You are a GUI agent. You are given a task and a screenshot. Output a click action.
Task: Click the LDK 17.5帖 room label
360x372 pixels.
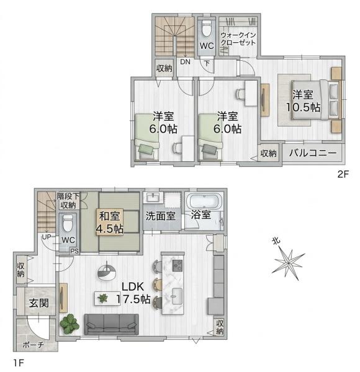[133, 293]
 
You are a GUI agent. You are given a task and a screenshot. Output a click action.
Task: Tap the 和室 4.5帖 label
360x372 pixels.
[109, 223]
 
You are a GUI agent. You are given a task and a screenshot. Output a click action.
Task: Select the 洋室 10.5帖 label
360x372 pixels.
[303, 101]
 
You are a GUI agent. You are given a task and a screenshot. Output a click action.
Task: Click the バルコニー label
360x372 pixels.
[313, 153]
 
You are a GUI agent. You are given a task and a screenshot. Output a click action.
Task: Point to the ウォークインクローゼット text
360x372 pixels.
[238, 39]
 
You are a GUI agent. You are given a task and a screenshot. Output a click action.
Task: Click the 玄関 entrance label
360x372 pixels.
[38, 303]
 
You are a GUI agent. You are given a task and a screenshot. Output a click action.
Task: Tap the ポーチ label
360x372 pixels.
[34, 345]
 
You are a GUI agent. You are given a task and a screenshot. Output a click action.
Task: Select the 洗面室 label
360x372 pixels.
[161, 216]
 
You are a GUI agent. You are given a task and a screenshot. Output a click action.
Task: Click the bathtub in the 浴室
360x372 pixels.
[204, 201]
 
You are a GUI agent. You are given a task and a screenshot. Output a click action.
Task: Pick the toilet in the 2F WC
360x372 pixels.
[207, 29]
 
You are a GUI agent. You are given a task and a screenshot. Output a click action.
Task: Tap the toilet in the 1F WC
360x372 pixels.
[68, 223]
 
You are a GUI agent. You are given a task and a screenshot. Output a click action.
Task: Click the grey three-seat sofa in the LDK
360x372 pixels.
[111, 324]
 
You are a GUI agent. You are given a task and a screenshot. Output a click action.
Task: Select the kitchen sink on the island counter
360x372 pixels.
[177, 296]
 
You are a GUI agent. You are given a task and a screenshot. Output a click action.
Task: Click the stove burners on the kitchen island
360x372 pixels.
[178, 266]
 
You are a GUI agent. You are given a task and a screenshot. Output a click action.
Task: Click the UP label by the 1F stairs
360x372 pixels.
[47, 237]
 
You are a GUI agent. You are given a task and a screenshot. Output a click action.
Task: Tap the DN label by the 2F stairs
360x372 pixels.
[185, 62]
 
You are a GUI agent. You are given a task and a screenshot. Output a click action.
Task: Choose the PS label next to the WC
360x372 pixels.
[74, 251]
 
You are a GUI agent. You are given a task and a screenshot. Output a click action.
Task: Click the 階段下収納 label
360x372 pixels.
[68, 200]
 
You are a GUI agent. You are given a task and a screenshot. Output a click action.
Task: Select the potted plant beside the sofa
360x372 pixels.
[70, 324]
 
